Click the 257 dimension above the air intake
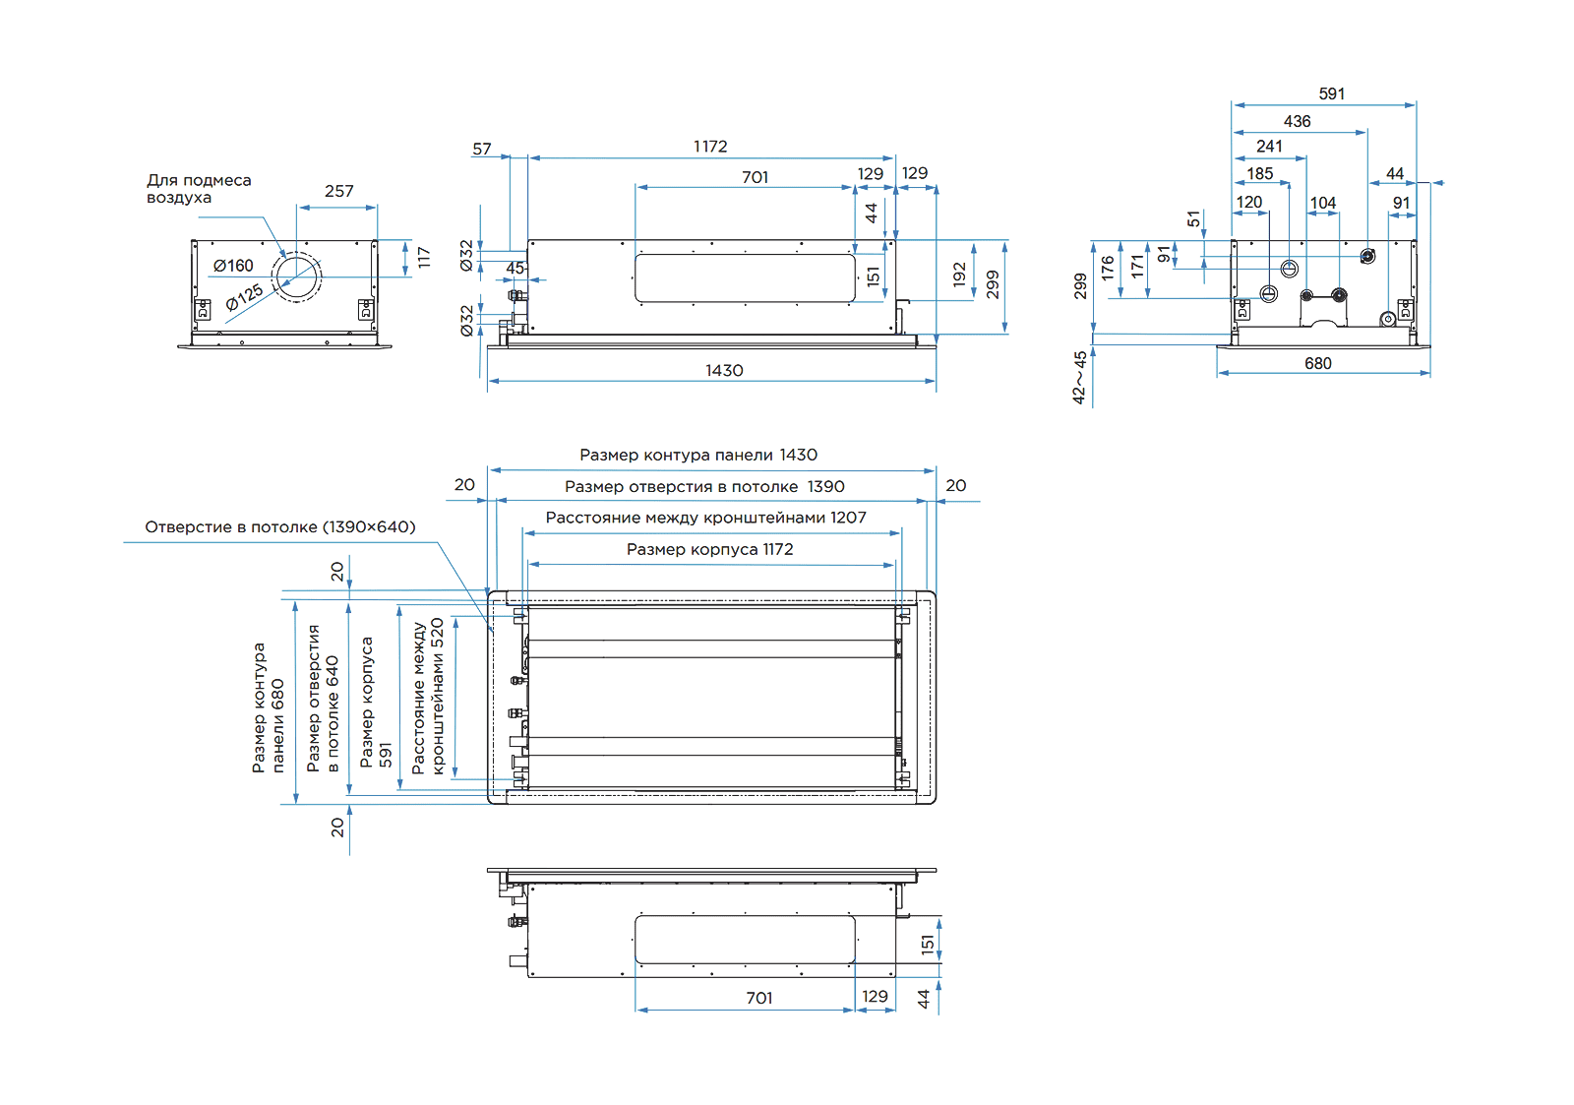(338, 191)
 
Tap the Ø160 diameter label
(233, 266)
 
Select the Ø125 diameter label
(244, 297)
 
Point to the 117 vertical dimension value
(424, 258)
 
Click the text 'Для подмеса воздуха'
(199, 189)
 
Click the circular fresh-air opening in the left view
(296, 277)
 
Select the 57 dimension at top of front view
(481, 150)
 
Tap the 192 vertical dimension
(960, 275)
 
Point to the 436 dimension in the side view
(1297, 122)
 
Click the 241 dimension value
(1269, 147)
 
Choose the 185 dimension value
(1259, 174)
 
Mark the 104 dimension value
(1322, 204)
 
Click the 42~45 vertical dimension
(1080, 377)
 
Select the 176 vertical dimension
(1109, 268)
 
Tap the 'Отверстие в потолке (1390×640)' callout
(280, 527)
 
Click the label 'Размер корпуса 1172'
(709, 549)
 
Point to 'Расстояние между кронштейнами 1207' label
(705, 518)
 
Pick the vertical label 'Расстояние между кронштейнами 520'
(428, 696)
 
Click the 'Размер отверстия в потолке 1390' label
(704, 486)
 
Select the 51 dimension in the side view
(1194, 219)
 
